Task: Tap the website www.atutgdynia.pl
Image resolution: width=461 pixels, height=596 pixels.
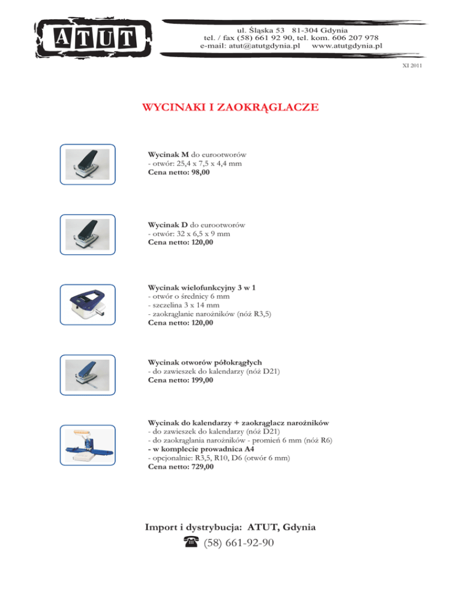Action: [x=347, y=46]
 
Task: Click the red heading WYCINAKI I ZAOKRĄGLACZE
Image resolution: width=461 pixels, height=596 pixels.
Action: [x=230, y=109]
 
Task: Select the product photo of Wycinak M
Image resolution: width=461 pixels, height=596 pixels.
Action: [x=87, y=164]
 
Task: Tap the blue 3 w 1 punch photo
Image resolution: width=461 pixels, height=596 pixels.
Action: [x=87, y=304]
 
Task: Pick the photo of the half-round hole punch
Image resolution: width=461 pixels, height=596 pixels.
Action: [x=87, y=375]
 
